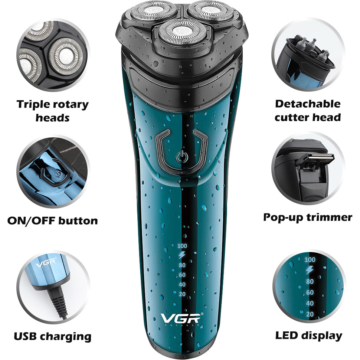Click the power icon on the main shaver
click(x=182, y=157)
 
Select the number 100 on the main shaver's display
click(x=182, y=246)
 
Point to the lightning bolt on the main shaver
click(x=182, y=255)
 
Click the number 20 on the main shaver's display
click(x=182, y=294)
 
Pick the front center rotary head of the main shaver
click(x=183, y=32)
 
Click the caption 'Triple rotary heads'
click(x=53, y=111)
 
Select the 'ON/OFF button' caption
click(x=53, y=221)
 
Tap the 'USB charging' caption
click(x=53, y=336)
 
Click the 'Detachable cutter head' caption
click(x=308, y=111)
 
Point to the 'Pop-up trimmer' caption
click(x=308, y=217)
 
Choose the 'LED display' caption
click(x=309, y=336)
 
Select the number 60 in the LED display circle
click(x=310, y=292)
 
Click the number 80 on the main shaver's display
click(x=182, y=265)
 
